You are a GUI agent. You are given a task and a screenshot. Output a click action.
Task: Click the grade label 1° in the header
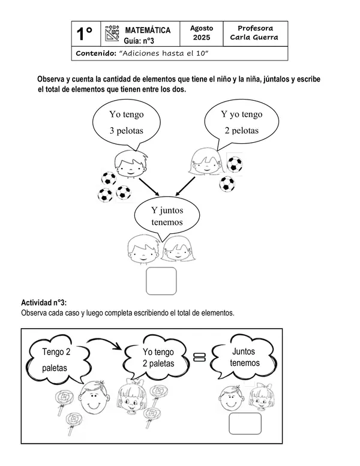tap(85, 34)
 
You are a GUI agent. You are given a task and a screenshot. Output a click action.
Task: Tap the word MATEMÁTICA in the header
tap(148, 31)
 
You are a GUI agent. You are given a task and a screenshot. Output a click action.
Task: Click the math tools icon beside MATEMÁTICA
tap(112, 34)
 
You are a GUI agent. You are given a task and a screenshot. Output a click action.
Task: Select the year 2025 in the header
tap(202, 38)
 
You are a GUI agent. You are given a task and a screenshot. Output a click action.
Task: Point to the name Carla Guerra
tap(254, 37)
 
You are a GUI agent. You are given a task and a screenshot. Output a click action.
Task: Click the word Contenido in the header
tap(96, 53)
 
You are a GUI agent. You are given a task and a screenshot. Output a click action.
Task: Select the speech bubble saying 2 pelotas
tap(241, 124)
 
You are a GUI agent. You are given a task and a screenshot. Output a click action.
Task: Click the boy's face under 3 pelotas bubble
tap(131, 164)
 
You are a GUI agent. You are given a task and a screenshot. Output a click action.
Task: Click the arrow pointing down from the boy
tap(149, 187)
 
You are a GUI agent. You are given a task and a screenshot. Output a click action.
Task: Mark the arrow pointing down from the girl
tap(185, 186)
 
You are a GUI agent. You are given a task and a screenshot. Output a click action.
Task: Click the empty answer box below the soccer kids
tap(161, 281)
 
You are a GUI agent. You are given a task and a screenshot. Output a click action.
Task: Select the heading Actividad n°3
tap(44, 303)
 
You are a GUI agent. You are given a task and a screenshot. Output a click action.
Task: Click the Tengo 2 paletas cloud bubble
tap(58, 360)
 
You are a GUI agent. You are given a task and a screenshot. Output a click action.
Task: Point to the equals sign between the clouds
tap(199, 357)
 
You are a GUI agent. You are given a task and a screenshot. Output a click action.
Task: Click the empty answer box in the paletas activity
tap(245, 423)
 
